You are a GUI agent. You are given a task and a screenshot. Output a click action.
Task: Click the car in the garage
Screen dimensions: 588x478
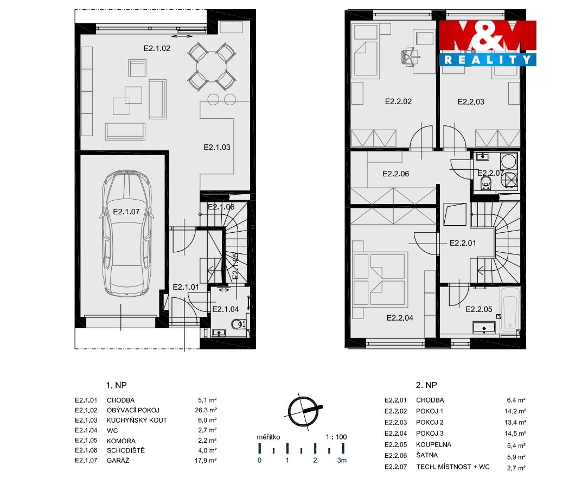pos(127,233)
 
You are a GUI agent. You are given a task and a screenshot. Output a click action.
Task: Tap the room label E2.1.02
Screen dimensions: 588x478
pos(157,48)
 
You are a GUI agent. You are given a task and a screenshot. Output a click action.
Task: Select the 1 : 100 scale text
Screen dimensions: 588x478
pos(336,437)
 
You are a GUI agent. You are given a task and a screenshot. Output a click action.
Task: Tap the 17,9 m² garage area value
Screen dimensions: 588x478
pos(206,460)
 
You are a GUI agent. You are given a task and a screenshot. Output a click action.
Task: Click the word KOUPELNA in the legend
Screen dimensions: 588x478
pos(433,444)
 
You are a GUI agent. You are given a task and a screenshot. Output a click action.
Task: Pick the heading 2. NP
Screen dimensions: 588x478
pos(426,385)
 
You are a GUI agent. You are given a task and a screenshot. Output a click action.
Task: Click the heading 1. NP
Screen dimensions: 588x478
pos(116,385)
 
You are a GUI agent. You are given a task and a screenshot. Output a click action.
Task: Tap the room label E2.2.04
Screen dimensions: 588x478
pos(400,318)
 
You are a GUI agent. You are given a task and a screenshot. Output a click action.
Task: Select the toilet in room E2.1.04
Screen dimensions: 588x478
pos(237,323)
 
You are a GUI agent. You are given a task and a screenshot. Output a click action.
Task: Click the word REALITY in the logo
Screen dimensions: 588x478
pos(488,60)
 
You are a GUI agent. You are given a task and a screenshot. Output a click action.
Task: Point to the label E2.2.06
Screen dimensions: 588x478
pos(395,174)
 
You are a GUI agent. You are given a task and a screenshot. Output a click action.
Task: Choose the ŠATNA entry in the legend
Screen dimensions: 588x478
pos(427,456)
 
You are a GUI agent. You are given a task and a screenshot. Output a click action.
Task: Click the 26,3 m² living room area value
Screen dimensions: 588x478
pos(206,410)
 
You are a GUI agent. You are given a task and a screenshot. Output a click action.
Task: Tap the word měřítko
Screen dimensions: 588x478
pos(268,437)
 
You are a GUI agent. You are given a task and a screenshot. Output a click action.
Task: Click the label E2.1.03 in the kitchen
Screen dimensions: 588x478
pos(217,147)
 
